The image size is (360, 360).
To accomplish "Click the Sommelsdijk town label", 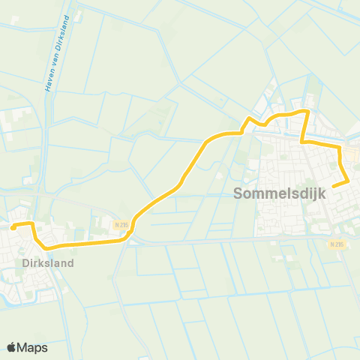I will (277, 193).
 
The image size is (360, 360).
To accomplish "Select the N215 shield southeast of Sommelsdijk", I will (336, 244).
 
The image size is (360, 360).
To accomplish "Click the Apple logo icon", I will (11, 347).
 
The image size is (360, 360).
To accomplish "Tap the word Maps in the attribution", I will (32, 348).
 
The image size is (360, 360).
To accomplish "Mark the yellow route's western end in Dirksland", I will (12, 225).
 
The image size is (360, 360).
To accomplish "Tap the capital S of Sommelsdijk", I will (238, 193).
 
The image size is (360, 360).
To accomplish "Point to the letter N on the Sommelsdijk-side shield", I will (331, 244).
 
